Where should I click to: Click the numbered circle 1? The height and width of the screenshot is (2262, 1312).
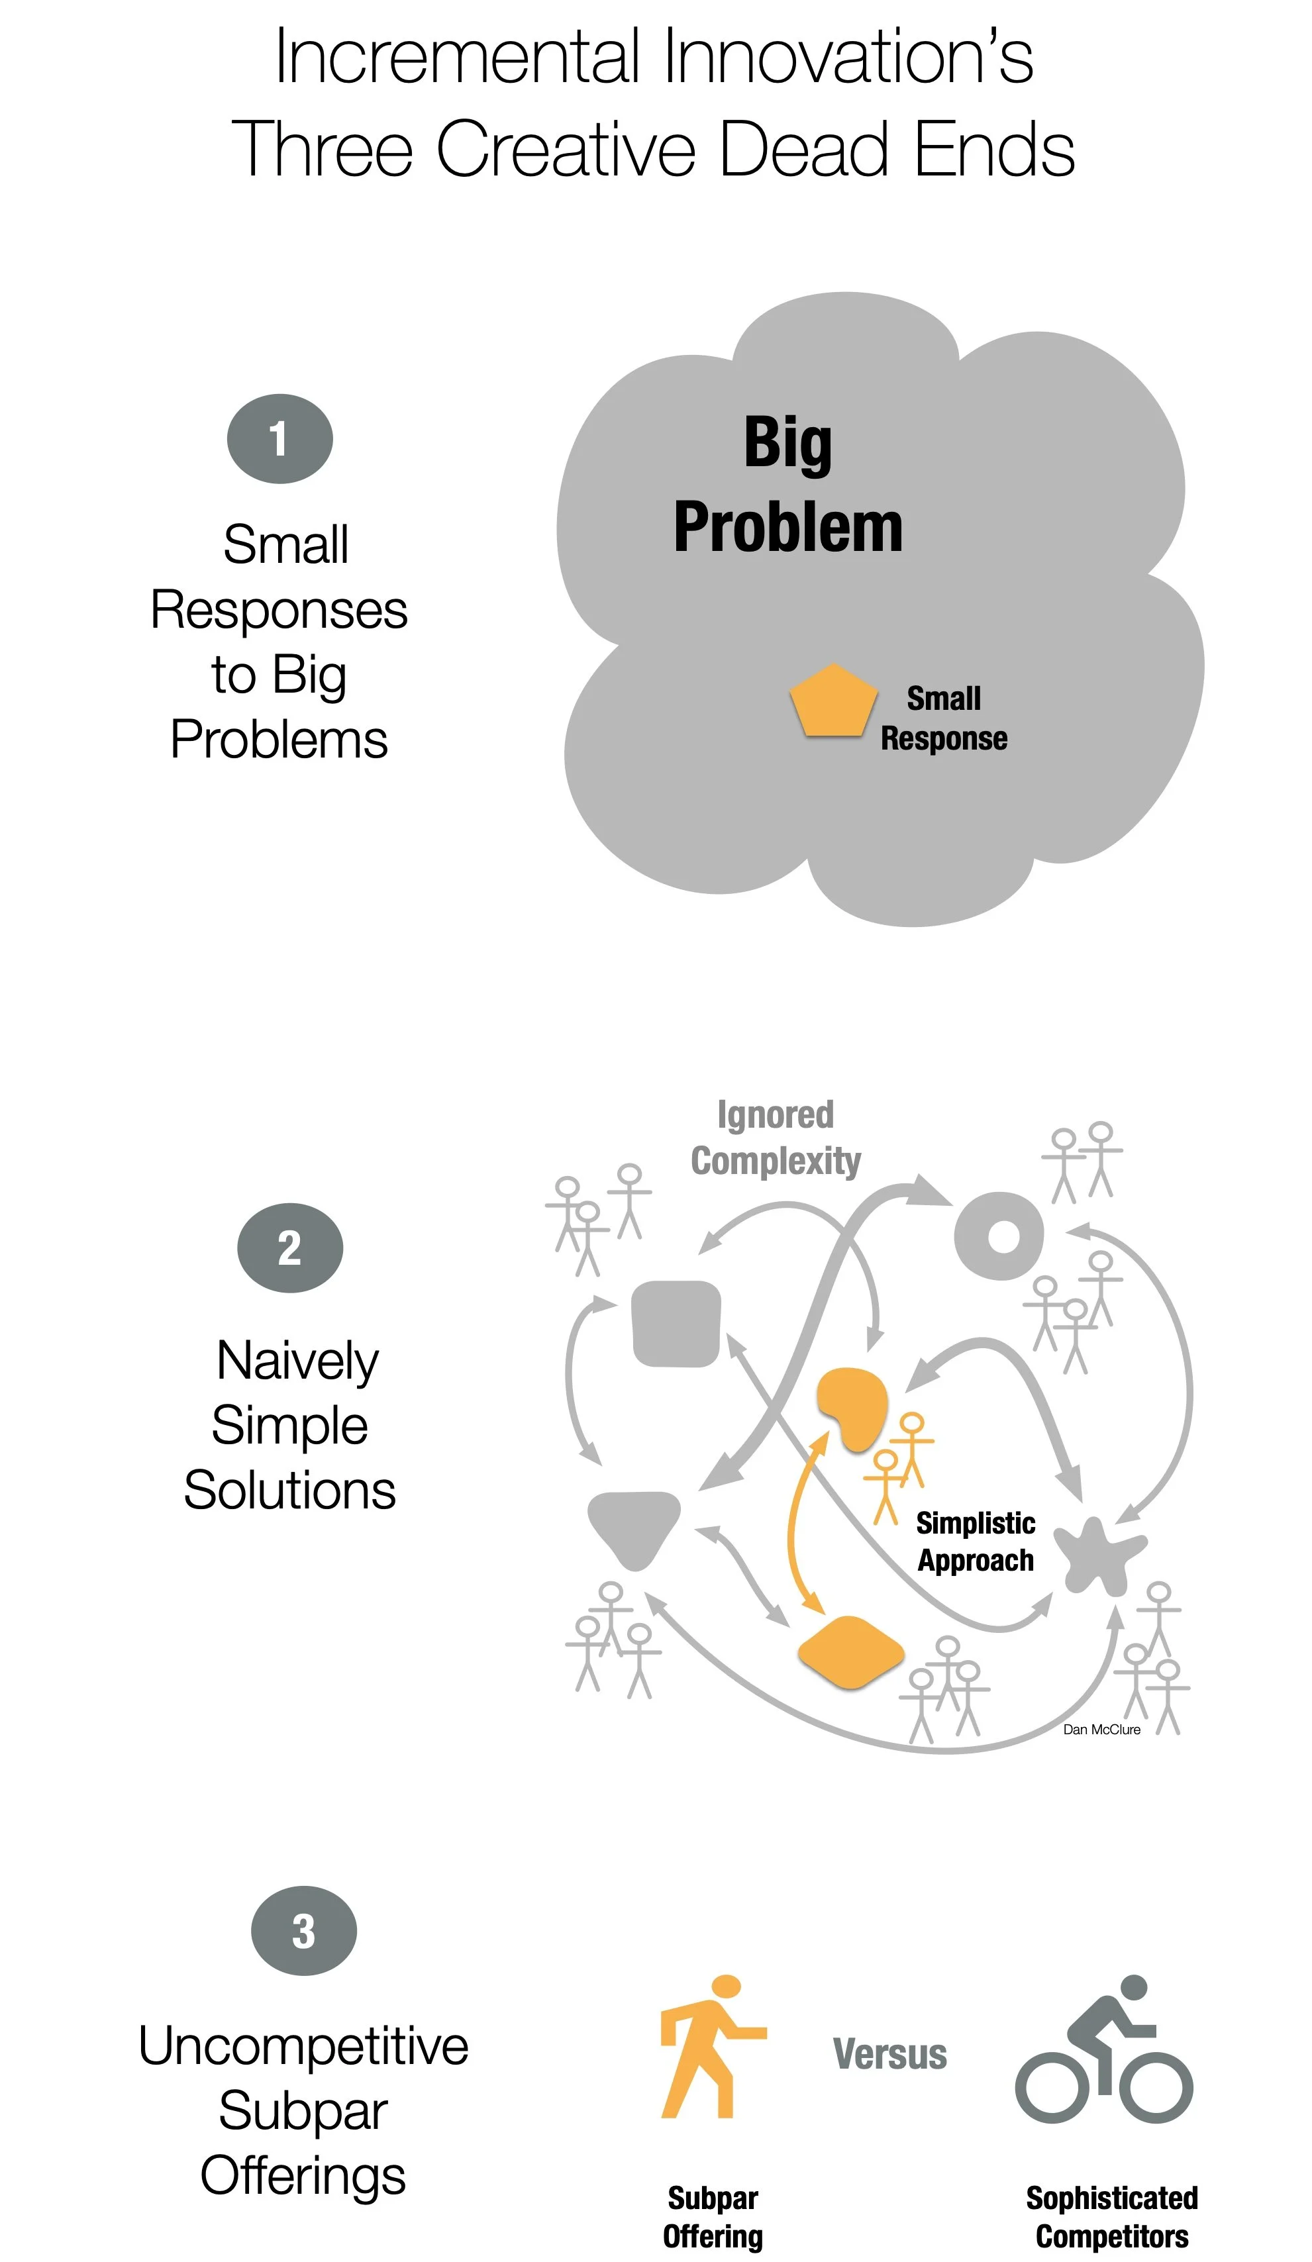click(279, 439)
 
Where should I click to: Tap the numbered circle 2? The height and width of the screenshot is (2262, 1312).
click(289, 1248)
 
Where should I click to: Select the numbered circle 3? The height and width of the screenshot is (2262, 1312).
click(303, 1931)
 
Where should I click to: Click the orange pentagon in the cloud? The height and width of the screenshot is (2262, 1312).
click(833, 701)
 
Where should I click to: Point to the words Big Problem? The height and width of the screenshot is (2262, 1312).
click(787, 485)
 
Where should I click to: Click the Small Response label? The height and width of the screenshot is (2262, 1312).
click(943, 718)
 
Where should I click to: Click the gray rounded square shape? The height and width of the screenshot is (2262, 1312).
click(676, 1324)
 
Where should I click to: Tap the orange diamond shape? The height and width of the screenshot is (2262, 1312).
click(850, 1651)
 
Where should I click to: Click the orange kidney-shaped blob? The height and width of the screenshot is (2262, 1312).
click(850, 1408)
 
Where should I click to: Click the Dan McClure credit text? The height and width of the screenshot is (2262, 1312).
click(1101, 1730)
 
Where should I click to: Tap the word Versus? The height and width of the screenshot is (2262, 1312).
click(889, 2055)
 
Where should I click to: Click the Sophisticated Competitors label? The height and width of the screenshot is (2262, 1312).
click(1112, 2217)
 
